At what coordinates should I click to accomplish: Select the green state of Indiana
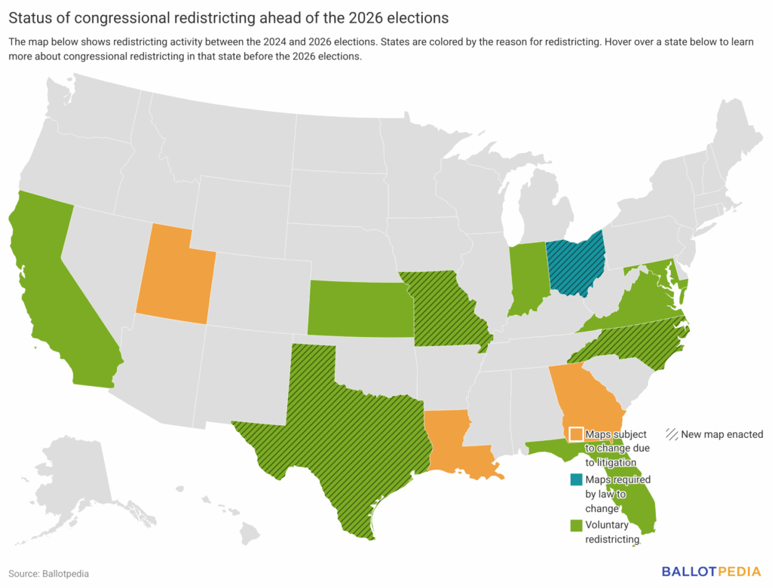[x=526, y=279]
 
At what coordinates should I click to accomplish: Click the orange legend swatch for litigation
[x=576, y=434]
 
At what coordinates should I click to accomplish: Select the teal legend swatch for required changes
[x=576, y=479]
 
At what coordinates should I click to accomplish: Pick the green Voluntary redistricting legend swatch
[x=576, y=525]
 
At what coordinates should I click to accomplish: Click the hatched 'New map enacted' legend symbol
[x=672, y=434]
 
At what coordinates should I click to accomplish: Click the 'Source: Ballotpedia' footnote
[x=49, y=574]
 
